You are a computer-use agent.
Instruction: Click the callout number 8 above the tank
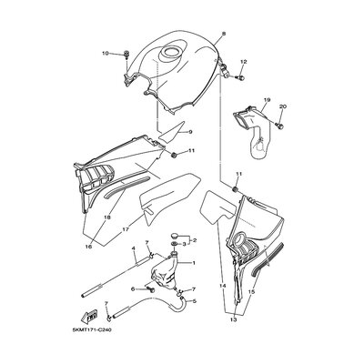(224, 34)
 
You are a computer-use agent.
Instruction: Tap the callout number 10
(106, 54)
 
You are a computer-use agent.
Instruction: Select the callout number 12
(244, 62)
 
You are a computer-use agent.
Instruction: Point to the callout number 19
(267, 100)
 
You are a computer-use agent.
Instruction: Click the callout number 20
(283, 106)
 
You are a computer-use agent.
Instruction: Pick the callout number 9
(190, 132)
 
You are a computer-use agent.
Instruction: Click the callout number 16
(88, 247)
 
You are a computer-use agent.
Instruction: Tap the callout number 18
(106, 217)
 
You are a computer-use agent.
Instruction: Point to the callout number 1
(194, 263)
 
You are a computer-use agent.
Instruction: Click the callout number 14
(223, 286)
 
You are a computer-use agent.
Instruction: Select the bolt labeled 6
(150, 290)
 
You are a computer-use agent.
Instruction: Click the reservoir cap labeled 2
(175, 235)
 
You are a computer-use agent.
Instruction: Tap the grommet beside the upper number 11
(174, 156)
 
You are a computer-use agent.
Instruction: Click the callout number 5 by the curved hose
(195, 301)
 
